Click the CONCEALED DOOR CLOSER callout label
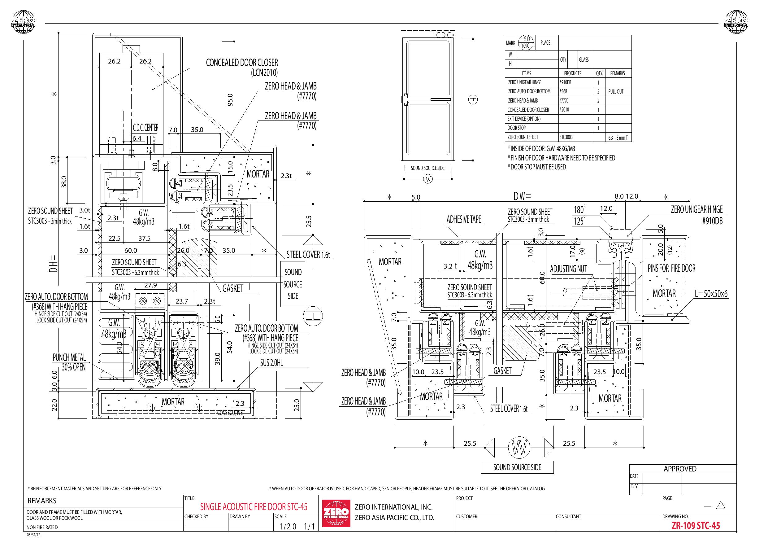pos(242,67)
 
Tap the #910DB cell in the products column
pos(565,82)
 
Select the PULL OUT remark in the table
pos(616,91)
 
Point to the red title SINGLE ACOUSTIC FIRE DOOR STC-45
pos(254,507)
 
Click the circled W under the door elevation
pos(428,179)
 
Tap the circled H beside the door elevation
pos(473,99)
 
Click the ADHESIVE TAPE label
pos(464,219)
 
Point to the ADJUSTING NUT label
pos(569,269)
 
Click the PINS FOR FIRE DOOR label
pos(672,268)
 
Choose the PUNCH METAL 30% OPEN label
pos(70,362)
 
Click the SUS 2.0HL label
pos(271,363)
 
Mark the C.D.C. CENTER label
pos(145,128)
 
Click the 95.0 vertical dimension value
pos(230,100)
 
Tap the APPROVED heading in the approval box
pos(680,469)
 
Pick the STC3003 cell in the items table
pos(566,137)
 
